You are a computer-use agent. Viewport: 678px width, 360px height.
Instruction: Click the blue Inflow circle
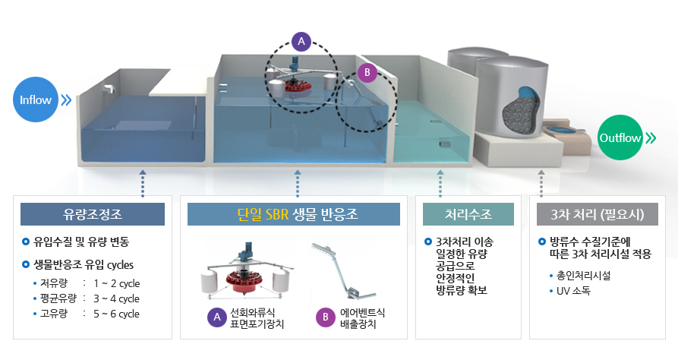[x=36, y=100]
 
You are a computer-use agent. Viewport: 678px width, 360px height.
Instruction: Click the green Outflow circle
[x=622, y=138]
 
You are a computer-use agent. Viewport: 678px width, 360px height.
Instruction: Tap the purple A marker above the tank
[x=301, y=41]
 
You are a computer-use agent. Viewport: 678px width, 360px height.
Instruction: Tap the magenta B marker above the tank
[x=367, y=73]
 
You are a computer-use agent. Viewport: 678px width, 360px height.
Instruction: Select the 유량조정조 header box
[x=93, y=214]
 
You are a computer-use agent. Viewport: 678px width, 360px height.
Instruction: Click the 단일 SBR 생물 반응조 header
[x=294, y=214]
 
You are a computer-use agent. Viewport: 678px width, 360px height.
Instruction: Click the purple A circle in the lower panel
[x=216, y=318]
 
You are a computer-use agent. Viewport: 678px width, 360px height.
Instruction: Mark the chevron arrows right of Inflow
[x=66, y=99]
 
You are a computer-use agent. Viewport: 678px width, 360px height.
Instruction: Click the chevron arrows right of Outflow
[x=652, y=138]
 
